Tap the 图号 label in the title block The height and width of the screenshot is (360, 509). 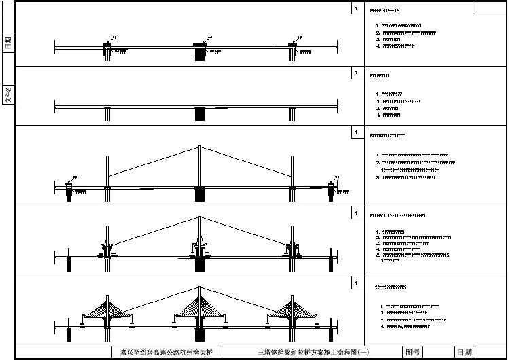tap(412, 353)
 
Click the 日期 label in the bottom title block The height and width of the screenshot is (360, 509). tap(464, 353)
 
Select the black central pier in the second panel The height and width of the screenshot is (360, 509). tap(200, 114)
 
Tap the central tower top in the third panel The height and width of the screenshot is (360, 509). tap(199, 147)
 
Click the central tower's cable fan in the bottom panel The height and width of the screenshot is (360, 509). tap(199, 305)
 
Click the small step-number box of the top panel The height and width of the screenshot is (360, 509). tap(355, 8)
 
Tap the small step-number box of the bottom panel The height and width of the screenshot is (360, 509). tap(355, 281)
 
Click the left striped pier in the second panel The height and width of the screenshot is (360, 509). tap(107, 114)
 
